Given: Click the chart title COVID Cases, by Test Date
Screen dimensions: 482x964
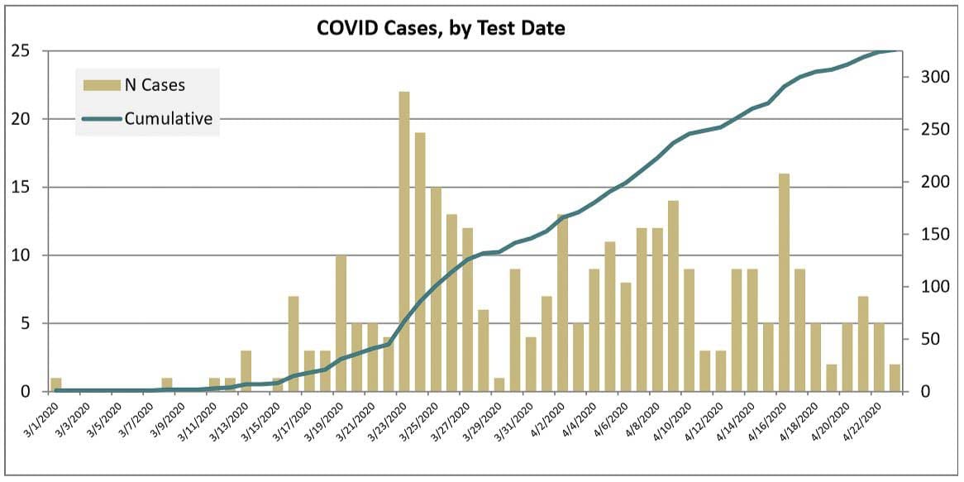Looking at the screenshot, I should [x=441, y=28].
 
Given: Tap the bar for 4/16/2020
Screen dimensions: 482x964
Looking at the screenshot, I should [x=784, y=282].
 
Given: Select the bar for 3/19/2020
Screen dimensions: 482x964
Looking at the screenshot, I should [x=341, y=323].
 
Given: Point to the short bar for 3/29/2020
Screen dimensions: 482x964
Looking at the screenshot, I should [x=499, y=384].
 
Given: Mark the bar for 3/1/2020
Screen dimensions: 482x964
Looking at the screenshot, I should [x=56, y=384].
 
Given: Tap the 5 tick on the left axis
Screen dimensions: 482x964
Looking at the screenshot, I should [x=26, y=323].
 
